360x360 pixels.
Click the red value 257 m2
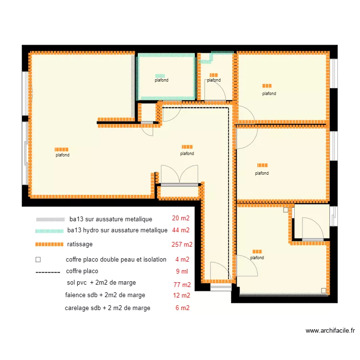pyautogui.click(x=182, y=244)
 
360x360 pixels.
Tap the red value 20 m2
pyautogui.click(x=180, y=218)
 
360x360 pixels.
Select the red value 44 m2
pyautogui.click(x=180, y=230)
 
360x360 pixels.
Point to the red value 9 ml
pyautogui.click(x=182, y=271)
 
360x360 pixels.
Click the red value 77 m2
pyautogui.click(x=182, y=285)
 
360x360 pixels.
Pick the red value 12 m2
pyautogui.click(x=181, y=295)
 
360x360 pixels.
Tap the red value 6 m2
pyautogui.click(x=182, y=308)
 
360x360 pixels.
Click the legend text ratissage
pyautogui.click(x=80, y=244)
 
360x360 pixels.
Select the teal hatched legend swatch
pyautogui.click(x=49, y=231)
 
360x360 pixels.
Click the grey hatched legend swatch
pyautogui.click(x=50, y=219)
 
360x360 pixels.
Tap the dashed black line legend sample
pyautogui.click(x=48, y=273)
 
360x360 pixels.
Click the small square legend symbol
pyautogui.click(x=38, y=260)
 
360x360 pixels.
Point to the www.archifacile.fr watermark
pyautogui.click(x=330, y=331)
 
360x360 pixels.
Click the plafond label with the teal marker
pyautogui.click(x=161, y=80)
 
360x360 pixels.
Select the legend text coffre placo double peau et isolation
pyautogui.click(x=116, y=260)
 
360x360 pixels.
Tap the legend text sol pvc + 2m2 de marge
pyautogui.click(x=101, y=283)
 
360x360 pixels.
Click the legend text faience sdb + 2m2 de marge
pyautogui.click(x=105, y=295)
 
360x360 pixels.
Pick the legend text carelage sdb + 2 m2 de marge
pyautogui.click(x=108, y=308)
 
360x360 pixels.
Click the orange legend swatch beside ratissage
pyautogui.click(x=49, y=244)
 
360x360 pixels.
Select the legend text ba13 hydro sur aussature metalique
pyautogui.click(x=117, y=230)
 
